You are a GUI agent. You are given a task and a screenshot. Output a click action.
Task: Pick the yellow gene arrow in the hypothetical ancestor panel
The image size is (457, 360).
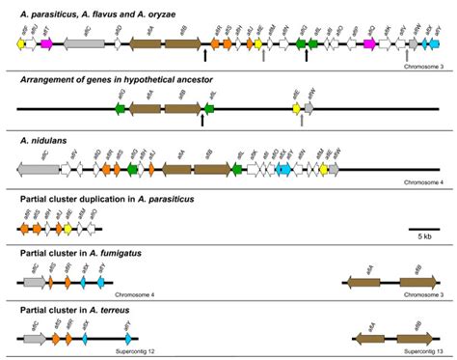pyautogui.click(x=297, y=110)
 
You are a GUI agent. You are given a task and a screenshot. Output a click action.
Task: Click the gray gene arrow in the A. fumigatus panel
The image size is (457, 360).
pyautogui.click(x=35, y=284)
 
